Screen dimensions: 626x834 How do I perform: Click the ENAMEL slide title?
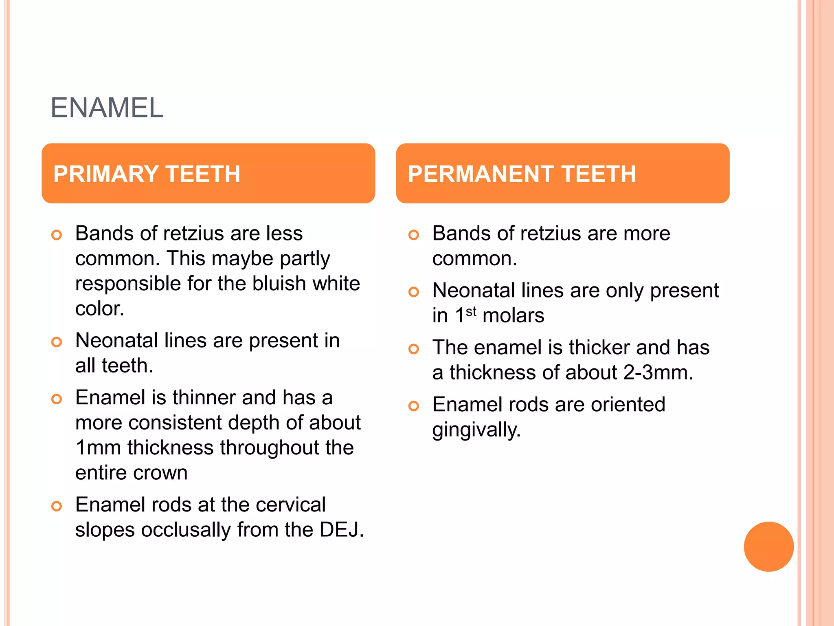pyautogui.click(x=107, y=108)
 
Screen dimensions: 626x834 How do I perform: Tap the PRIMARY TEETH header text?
pyautogui.click(x=147, y=174)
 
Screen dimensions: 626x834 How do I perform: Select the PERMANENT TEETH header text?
pyautogui.click(x=522, y=174)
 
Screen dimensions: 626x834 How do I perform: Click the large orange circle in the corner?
pyautogui.click(x=768, y=547)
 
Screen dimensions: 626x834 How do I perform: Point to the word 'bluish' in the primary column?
pyautogui.click(x=279, y=284)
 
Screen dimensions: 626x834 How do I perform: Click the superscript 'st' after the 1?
pyautogui.click(x=471, y=312)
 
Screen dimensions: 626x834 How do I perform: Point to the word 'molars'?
pyautogui.click(x=513, y=316)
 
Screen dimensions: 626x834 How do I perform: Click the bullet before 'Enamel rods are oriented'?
pyautogui.click(x=413, y=406)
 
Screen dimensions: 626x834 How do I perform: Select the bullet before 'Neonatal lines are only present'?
pyautogui.click(x=413, y=292)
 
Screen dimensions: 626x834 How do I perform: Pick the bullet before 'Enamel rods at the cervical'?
pyautogui.click(x=57, y=506)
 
